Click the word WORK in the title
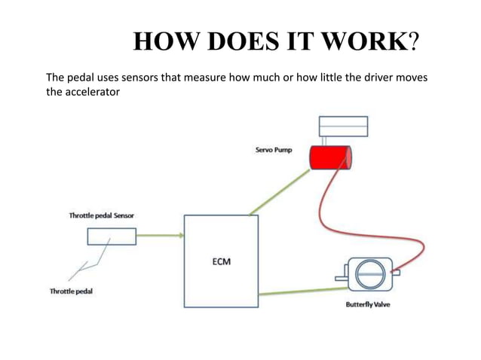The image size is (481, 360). (363, 43)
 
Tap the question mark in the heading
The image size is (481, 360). (412, 43)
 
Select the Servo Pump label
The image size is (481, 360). (272, 151)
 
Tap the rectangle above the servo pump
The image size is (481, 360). (343, 126)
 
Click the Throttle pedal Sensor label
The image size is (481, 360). (102, 215)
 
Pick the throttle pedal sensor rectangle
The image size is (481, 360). (111, 236)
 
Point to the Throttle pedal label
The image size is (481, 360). (71, 291)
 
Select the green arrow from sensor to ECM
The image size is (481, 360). (160, 236)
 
